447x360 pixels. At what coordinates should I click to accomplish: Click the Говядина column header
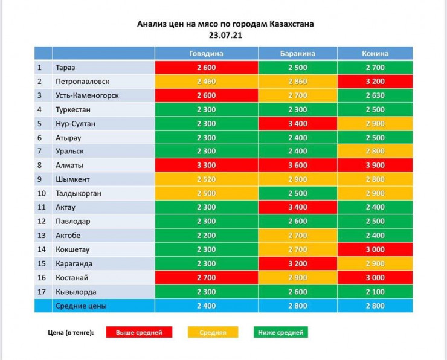click(206, 53)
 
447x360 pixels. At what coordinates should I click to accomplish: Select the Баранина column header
click(297, 53)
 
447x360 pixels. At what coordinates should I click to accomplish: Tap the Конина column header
click(375, 53)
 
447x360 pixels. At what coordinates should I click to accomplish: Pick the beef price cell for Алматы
click(206, 165)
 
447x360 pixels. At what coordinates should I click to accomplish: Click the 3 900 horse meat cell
click(375, 165)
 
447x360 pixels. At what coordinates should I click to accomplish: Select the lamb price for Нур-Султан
click(297, 123)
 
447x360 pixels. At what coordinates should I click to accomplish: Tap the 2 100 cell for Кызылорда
click(375, 292)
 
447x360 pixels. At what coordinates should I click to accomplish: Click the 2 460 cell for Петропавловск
click(206, 81)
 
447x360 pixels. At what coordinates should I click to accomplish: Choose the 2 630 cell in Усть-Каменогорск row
click(375, 95)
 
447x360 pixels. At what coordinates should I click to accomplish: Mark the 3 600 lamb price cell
click(297, 165)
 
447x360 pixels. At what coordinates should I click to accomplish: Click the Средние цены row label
click(81, 306)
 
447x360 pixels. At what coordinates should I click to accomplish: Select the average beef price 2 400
click(206, 306)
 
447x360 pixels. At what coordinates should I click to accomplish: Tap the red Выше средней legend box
click(138, 332)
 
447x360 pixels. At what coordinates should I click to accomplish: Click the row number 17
click(40, 292)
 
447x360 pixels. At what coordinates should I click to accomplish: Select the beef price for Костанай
click(206, 278)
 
